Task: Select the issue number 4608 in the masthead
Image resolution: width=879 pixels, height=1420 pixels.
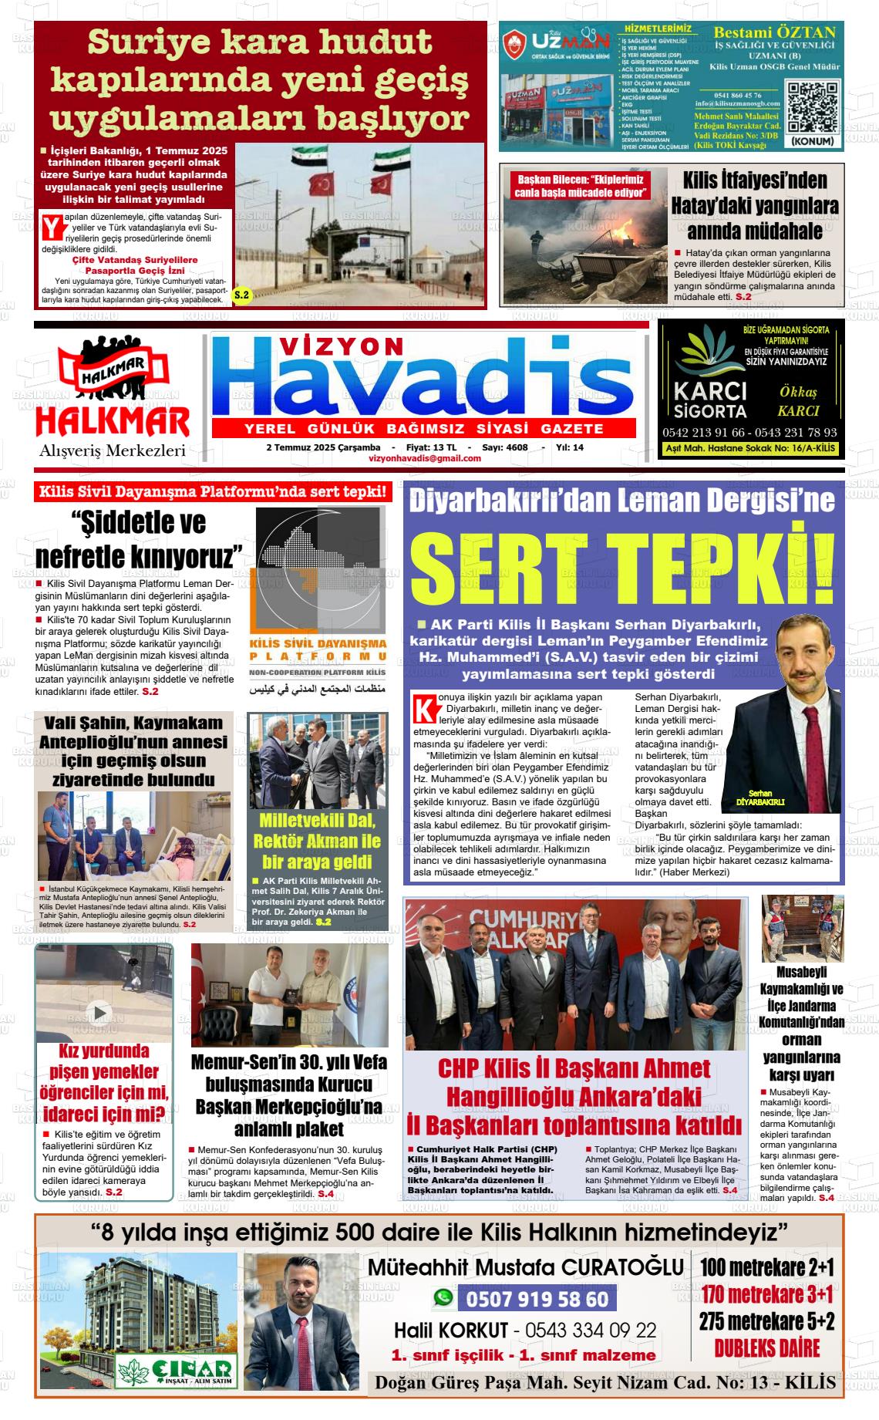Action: pyautogui.click(x=516, y=447)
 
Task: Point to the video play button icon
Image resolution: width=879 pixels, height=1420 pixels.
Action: pyautogui.click(x=99, y=1011)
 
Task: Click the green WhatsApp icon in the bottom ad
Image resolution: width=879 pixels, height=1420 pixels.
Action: pyautogui.click(x=443, y=1299)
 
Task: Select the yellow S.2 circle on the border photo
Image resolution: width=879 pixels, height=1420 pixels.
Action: pyautogui.click(x=241, y=295)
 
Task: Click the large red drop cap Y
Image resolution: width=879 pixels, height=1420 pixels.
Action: pyautogui.click(x=51, y=228)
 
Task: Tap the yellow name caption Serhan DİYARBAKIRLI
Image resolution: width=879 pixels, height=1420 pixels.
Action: pyautogui.click(x=759, y=798)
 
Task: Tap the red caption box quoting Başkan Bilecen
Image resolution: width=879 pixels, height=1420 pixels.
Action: pyautogui.click(x=580, y=186)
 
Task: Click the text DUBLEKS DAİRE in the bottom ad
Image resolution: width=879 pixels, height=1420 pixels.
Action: pyautogui.click(x=766, y=1348)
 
